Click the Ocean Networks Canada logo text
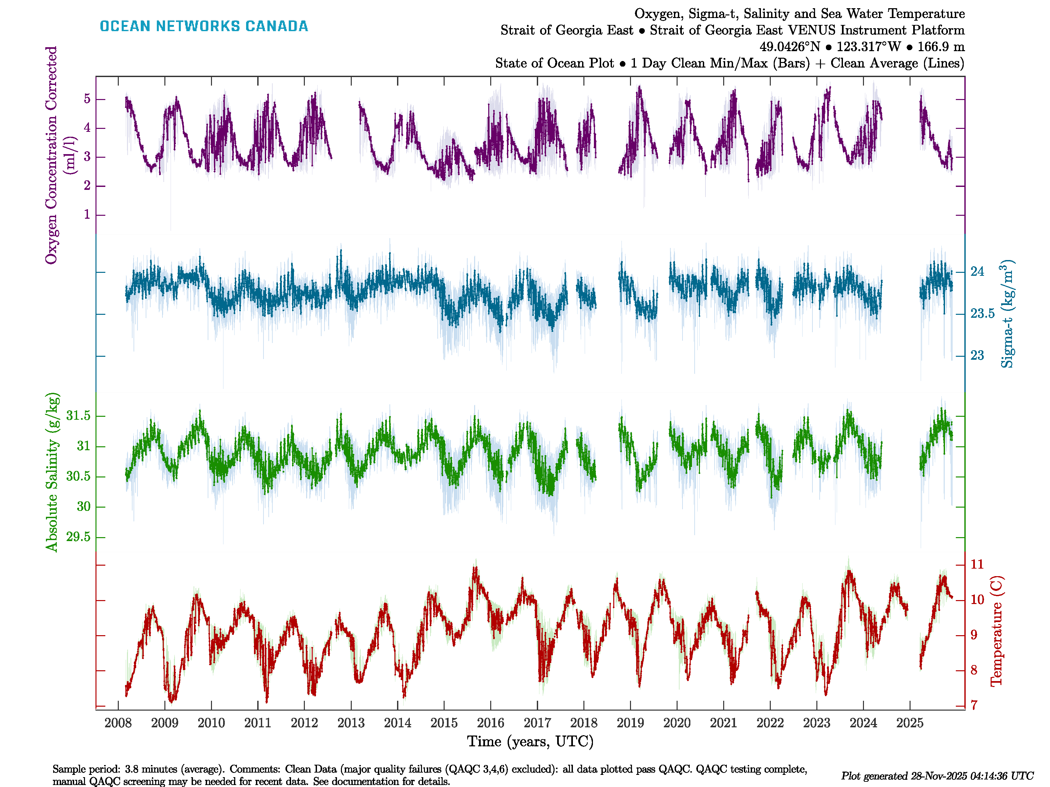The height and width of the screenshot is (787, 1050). tap(204, 26)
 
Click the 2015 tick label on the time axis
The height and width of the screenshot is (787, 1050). tap(444, 723)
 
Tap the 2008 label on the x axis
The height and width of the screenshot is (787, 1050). tap(118, 723)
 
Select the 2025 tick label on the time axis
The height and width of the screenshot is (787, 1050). tap(910, 723)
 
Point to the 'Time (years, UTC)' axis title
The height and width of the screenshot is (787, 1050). tap(530, 741)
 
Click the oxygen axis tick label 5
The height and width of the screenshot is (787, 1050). tap(87, 99)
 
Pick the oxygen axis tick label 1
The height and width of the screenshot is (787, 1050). tap(87, 215)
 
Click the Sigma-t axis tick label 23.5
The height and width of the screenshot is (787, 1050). tap(982, 313)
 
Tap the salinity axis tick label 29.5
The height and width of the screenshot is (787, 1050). tap(78, 537)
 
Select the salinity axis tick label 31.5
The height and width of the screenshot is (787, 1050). tap(78, 416)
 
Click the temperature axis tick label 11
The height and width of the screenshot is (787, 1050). tap(977, 565)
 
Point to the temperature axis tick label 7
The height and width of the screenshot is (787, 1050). tap(974, 705)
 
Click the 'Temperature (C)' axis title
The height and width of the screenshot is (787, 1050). tap(997, 631)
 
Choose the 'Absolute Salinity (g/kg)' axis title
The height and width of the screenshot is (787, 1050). tap(52, 472)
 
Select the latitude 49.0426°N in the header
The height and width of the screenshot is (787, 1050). tap(789, 47)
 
